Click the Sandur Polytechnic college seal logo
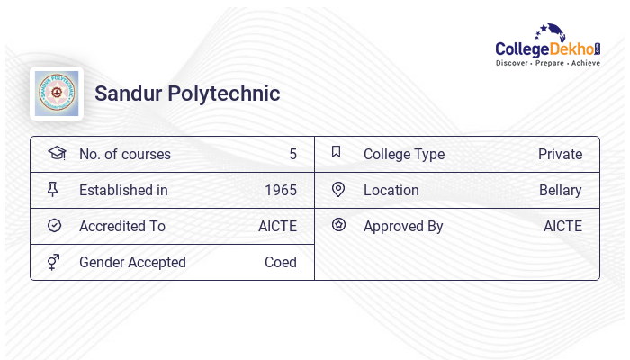57,94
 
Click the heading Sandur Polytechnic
187,94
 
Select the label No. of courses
124,154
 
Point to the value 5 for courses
292,154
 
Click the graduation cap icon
56,153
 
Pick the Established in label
123,190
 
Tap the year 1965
281,190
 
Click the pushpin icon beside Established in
53,189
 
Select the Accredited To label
122,226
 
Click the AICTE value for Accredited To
277,226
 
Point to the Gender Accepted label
132,262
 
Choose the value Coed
281,262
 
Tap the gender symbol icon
54,262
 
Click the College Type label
404,154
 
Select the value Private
560,154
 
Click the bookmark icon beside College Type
337,152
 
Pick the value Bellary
561,190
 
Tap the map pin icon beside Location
338,189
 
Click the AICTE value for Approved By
562,226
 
